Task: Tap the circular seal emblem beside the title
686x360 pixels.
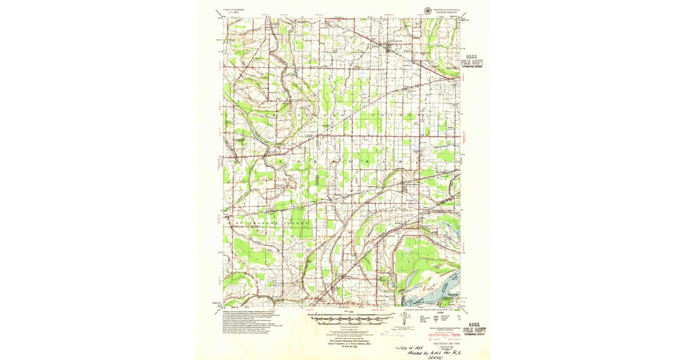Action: (428, 9)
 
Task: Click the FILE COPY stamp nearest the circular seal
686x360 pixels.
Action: (476, 61)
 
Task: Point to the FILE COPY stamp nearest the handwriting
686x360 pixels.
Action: (476, 330)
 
